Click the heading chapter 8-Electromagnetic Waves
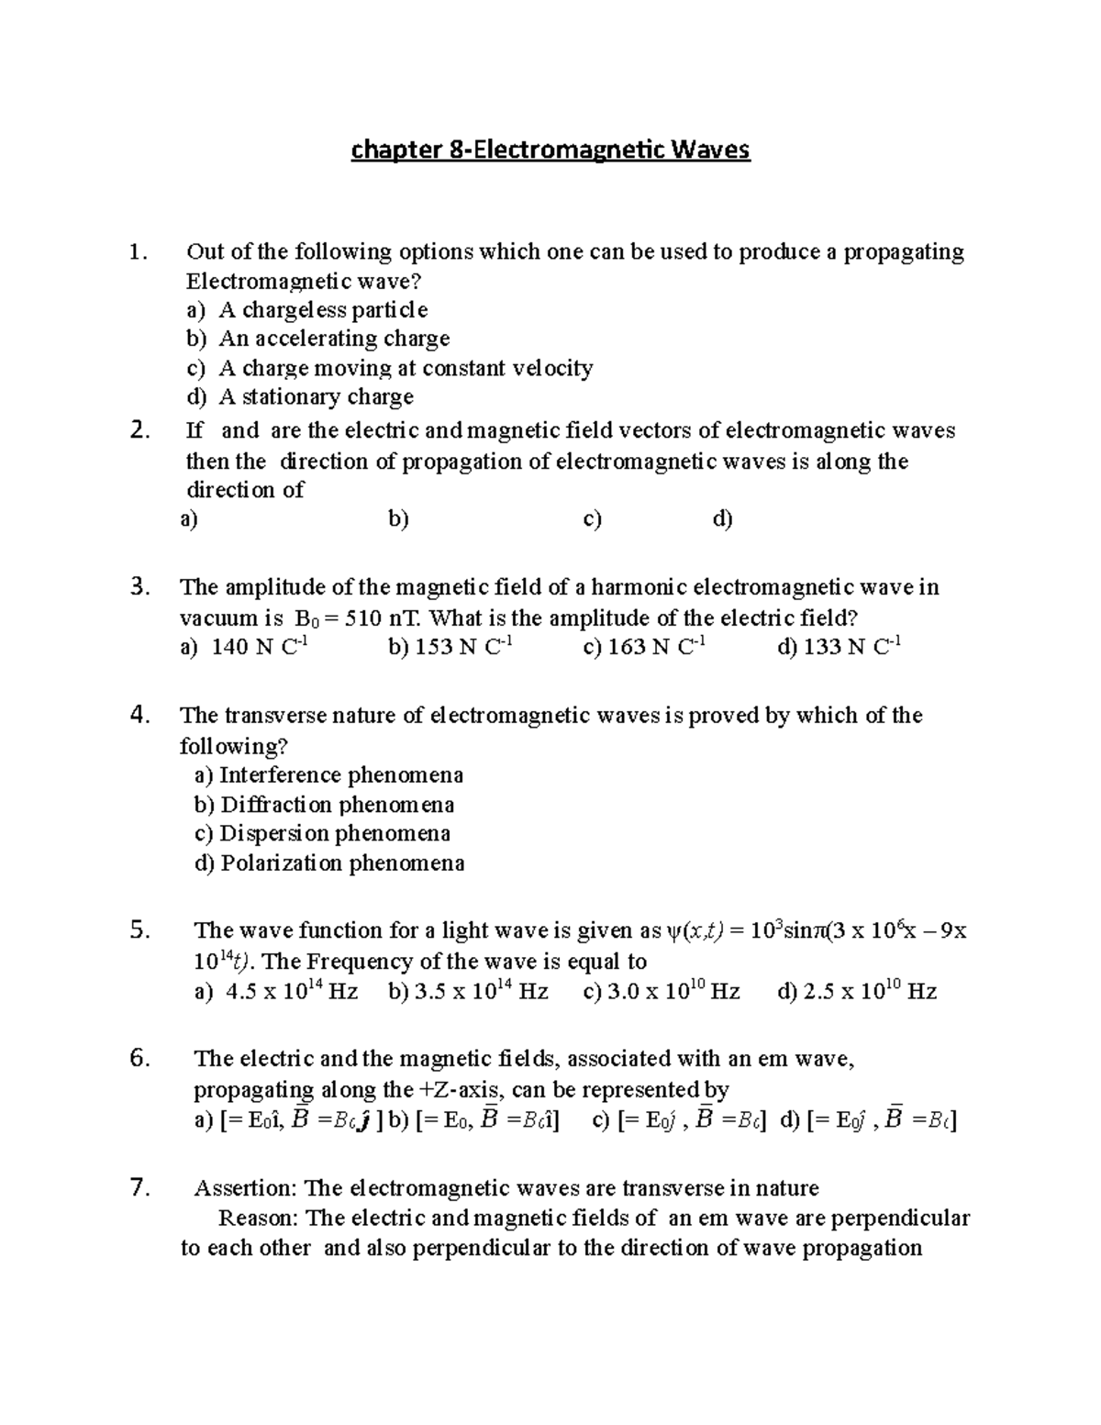pyautogui.click(x=550, y=150)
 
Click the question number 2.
pyautogui.click(x=139, y=430)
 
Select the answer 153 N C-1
pyautogui.click(x=450, y=648)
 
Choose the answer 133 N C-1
pyautogui.click(x=840, y=648)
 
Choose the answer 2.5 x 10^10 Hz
pyautogui.click(x=856, y=992)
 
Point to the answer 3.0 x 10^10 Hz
pyautogui.click(x=662, y=992)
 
